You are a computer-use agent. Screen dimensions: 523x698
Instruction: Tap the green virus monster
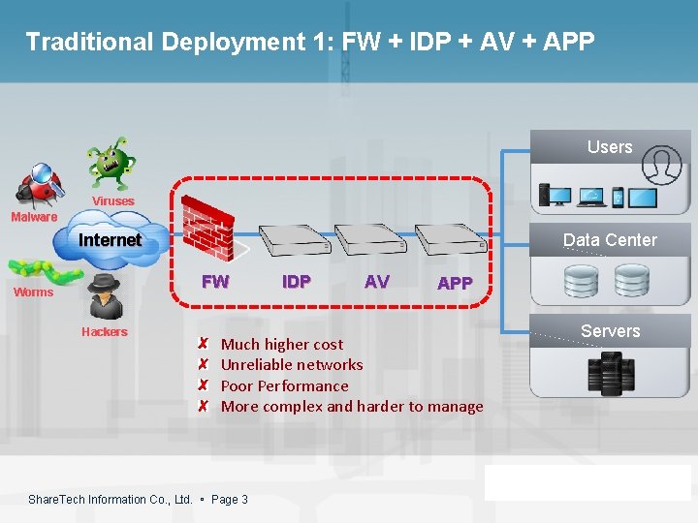110,162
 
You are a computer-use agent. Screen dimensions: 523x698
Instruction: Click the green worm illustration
41,270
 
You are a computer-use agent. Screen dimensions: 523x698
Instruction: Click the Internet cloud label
110,239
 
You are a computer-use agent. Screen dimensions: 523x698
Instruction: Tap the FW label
215,282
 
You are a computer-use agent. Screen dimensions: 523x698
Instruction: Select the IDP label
296,282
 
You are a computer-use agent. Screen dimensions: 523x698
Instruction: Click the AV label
376,282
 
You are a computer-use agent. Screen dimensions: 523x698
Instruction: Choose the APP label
455,284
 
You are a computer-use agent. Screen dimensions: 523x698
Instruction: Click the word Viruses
113,201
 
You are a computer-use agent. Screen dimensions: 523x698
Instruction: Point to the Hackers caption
105,332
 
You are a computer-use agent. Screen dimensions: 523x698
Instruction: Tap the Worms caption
33,292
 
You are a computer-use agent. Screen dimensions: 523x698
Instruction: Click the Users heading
610,147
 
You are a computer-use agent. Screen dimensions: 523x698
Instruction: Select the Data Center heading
610,240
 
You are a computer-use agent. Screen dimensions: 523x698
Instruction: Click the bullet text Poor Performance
284,385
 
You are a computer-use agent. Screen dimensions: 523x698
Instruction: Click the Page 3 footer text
230,499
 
